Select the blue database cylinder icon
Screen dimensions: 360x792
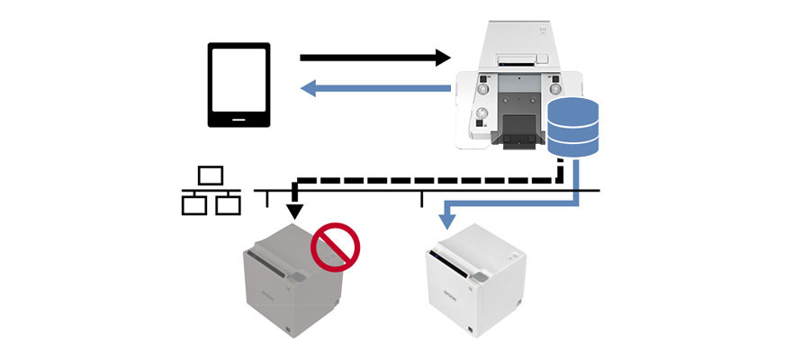[x=574, y=127]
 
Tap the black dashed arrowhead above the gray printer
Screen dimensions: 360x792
[x=296, y=212]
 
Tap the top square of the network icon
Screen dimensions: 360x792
[x=211, y=175]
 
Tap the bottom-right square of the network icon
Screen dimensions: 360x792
[x=226, y=205]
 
